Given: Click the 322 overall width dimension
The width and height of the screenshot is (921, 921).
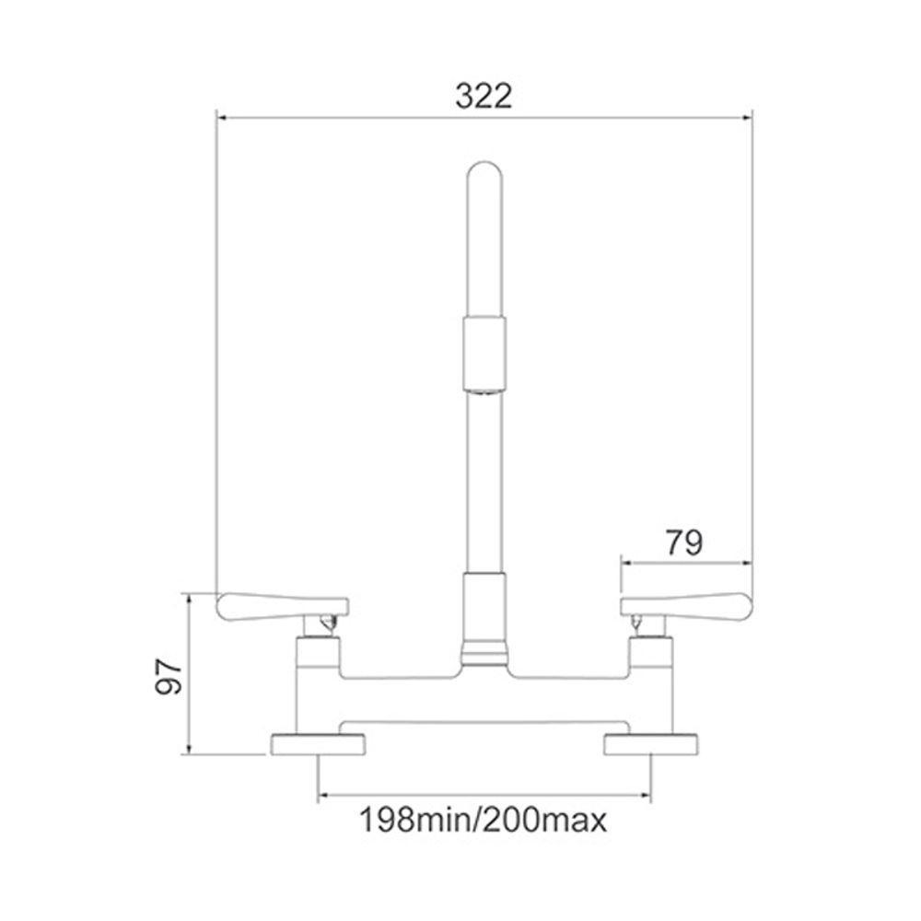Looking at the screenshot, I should [x=484, y=95].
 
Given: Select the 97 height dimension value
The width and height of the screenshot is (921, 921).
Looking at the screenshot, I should [x=167, y=675].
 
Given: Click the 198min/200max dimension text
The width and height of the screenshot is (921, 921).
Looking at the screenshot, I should [x=484, y=818].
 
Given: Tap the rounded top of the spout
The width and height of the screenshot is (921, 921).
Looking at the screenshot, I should [x=484, y=177].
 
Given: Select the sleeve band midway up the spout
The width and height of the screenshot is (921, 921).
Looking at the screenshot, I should [x=484, y=352].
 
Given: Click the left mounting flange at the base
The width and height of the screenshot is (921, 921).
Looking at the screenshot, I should [x=318, y=744].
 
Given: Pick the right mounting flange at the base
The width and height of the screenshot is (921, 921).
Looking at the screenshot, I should [x=650, y=744].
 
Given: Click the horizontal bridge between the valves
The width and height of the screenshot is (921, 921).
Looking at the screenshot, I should [x=484, y=673].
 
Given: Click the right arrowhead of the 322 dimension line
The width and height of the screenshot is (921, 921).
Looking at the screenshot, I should [x=749, y=117].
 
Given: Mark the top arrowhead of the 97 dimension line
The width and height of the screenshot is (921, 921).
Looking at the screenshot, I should [x=189, y=598].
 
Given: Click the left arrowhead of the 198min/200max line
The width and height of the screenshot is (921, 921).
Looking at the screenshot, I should [x=321, y=795].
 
